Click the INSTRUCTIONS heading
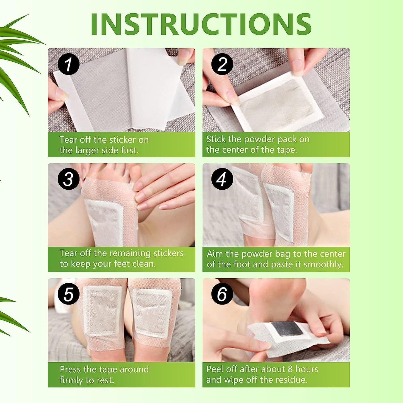coord(201,24)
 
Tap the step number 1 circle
coord(68,64)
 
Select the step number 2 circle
coord(222,64)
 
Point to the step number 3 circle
coord(68,179)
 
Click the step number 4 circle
coord(222,179)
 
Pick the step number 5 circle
coord(68,294)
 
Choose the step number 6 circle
coord(222,294)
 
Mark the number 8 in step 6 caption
coord(290,369)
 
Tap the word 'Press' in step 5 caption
coord(70,370)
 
